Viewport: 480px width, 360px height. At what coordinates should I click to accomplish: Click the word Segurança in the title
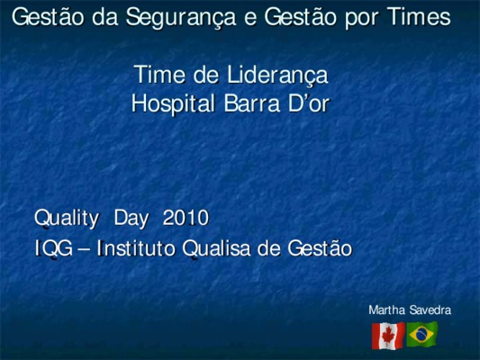pyautogui.click(x=181, y=18)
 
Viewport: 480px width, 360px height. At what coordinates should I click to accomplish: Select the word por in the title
pyautogui.click(x=361, y=19)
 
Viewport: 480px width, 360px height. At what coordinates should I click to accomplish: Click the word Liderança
pyautogui.click(x=277, y=75)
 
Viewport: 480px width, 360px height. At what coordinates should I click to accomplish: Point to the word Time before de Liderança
pyautogui.click(x=159, y=74)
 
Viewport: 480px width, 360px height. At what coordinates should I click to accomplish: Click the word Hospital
pyautogui.click(x=173, y=104)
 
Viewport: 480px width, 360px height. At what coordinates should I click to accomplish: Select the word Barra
pyautogui.click(x=252, y=103)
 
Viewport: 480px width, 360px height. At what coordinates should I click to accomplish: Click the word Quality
pyautogui.click(x=67, y=219)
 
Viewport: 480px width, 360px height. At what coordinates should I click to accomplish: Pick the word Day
pyautogui.click(x=131, y=219)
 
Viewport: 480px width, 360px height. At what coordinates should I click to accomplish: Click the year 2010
pyautogui.click(x=186, y=218)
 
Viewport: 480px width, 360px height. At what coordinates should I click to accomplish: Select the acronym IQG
pyautogui.click(x=54, y=248)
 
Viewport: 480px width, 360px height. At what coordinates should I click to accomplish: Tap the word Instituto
pyautogui.click(x=136, y=247)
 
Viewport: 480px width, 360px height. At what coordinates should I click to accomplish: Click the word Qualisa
pyautogui.click(x=217, y=248)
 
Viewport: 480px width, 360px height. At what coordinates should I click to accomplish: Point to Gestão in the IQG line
pyautogui.click(x=320, y=247)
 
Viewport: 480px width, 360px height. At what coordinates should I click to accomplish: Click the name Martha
pyautogui.click(x=387, y=310)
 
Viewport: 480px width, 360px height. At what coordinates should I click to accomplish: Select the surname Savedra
pyautogui.click(x=430, y=310)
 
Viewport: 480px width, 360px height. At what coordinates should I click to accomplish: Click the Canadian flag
pyautogui.click(x=388, y=336)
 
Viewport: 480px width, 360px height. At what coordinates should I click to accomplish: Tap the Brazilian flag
pyautogui.click(x=421, y=334)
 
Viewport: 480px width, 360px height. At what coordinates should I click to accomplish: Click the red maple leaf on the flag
pyautogui.click(x=388, y=336)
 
